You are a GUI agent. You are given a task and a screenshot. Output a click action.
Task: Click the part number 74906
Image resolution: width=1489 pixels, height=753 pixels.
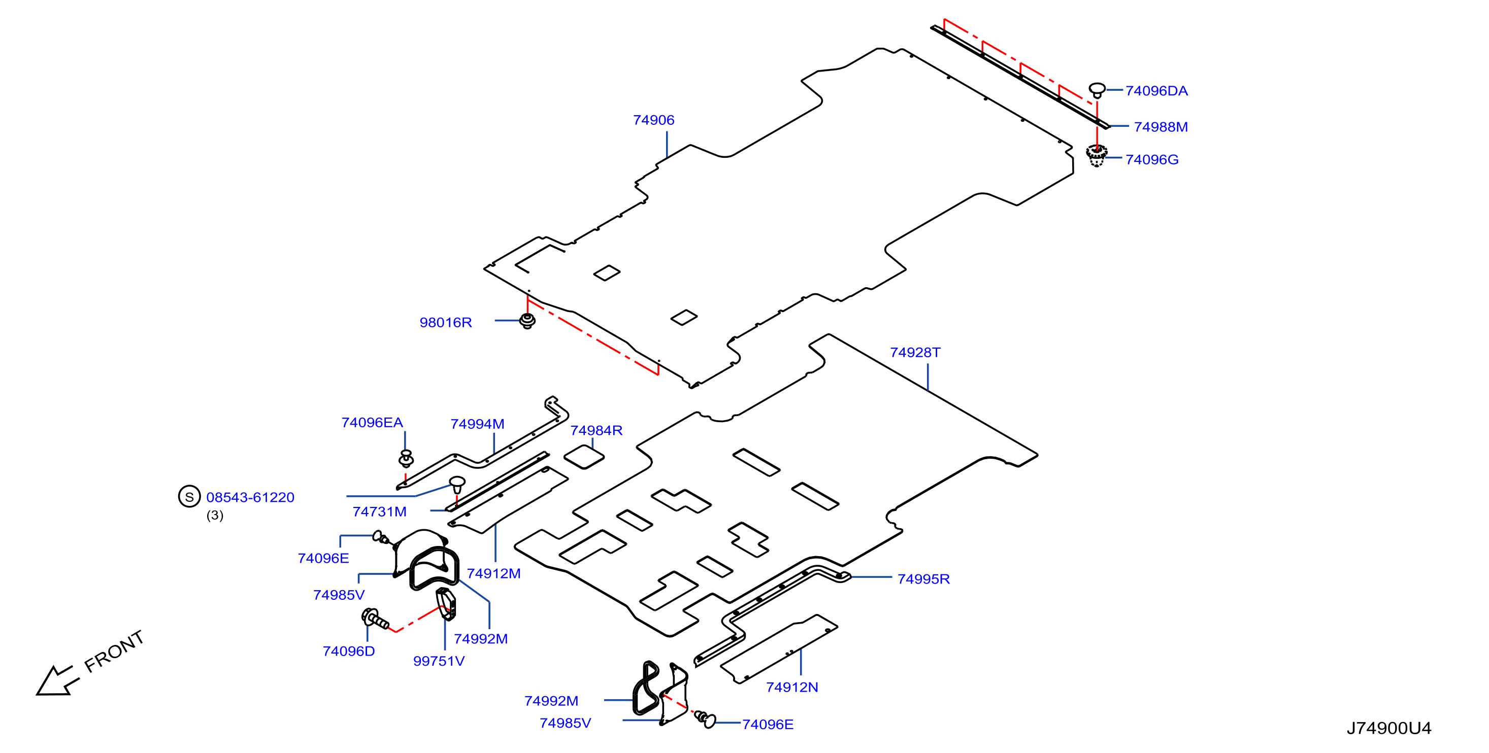[653, 120]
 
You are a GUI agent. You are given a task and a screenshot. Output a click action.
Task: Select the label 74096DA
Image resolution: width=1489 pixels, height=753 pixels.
[1156, 91]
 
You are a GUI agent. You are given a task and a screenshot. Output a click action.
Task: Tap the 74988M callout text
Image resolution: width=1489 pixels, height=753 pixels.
[1161, 126]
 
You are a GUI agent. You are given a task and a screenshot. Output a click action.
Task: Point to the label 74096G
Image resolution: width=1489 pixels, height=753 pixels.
[1152, 159]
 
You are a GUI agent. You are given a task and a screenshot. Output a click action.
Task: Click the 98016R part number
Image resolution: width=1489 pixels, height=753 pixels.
[446, 323]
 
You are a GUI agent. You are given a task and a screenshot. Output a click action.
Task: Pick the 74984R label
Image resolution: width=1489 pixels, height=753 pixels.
[596, 430]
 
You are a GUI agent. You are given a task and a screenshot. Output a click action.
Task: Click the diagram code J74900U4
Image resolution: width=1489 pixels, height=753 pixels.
[1388, 728]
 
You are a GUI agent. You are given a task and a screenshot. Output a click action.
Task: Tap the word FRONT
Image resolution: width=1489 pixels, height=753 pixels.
[114, 652]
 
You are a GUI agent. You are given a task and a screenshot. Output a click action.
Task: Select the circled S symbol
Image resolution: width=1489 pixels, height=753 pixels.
[189, 496]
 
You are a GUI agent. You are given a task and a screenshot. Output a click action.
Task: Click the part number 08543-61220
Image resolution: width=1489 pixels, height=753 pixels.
[250, 498]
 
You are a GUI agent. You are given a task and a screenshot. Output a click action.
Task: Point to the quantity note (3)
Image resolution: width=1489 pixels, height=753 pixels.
[215, 516]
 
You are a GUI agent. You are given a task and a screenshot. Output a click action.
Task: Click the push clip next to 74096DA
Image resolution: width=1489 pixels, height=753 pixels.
[1097, 90]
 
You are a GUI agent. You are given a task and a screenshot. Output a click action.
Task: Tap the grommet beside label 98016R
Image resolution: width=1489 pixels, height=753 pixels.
[527, 321]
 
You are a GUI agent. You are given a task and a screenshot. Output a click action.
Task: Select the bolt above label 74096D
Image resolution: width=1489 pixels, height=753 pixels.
[375, 619]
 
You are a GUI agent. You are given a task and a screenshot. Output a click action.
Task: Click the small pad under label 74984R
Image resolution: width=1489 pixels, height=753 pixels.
[584, 457]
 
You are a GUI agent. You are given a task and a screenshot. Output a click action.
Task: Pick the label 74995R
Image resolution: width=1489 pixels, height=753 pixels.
[923, 579]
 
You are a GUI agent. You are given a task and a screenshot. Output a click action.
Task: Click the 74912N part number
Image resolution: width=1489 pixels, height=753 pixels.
[792, 688]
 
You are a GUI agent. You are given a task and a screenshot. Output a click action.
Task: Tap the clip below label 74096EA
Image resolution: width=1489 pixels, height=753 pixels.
[406, 459]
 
